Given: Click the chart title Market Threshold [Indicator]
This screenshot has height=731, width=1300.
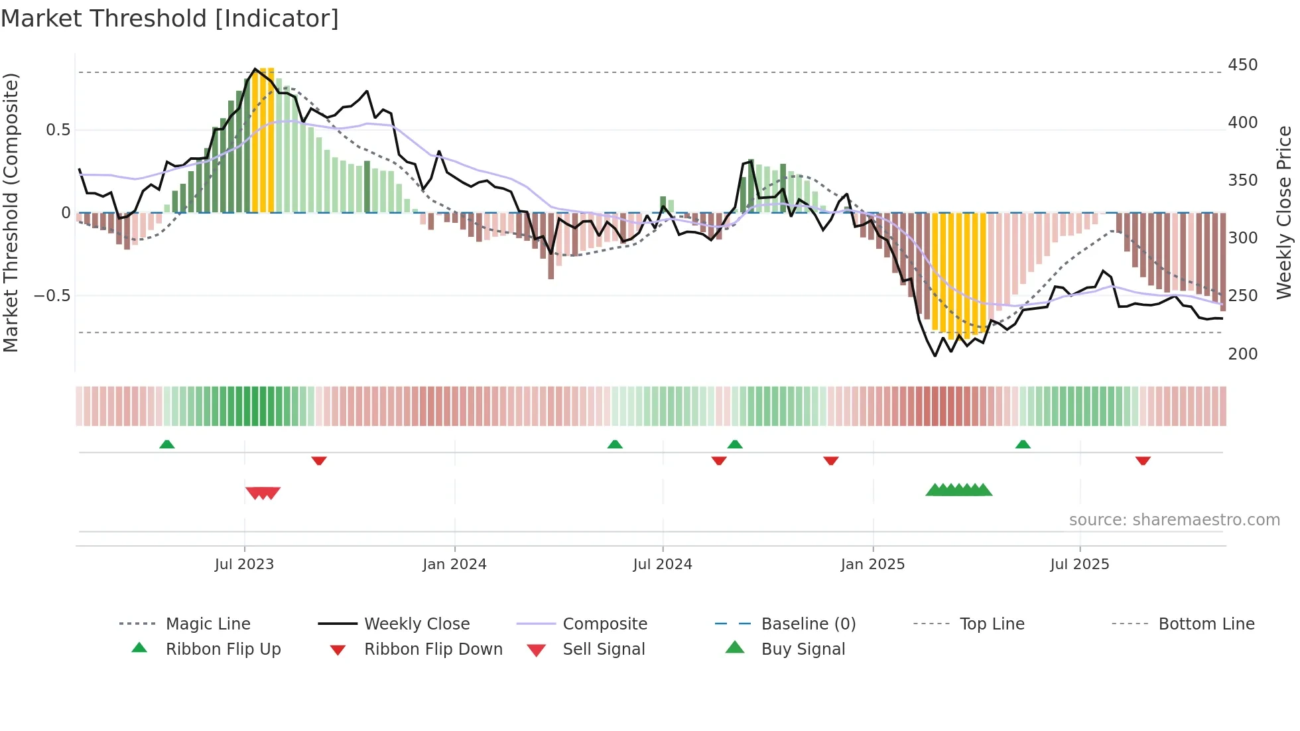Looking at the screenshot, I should pyautogui.click(x=170, y=19).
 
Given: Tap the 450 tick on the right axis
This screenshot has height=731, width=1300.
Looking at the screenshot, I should pyautogui.click(x=1242, y=65).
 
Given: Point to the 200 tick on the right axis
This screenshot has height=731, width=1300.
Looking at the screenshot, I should pyautogui.click(x=1242, y=354).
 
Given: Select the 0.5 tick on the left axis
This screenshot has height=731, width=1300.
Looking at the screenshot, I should pyautogui.click(x=58, y=129).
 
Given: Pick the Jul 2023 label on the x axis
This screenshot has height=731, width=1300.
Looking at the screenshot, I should pyautogui.click(x=244, y=565).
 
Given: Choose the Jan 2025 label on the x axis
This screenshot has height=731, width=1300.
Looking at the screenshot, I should pyautogui.click(x=872, y=565).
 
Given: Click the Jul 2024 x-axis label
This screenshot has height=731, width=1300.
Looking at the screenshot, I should pyautogui.click(x=662, y=565).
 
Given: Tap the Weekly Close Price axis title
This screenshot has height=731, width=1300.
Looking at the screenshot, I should pyautogui.click(x=1284, y=212).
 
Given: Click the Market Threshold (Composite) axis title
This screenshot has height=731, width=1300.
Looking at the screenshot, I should pyautogui.click(x=11, y=212).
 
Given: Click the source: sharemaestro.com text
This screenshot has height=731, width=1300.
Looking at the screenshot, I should pyautogui.click(x=1174, y=520).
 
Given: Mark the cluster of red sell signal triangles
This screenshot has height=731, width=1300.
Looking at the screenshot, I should pyautogui.click(x=263, y=492).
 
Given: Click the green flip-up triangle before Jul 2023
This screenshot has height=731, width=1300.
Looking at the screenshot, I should pyautogui.click(x=167, y=444).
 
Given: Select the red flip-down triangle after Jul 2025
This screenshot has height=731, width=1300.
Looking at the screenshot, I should pyautogui.click(x=1142, y=460).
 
